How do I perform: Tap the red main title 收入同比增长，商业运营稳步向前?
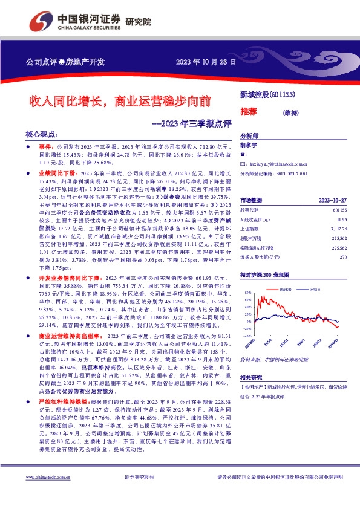pyautogui.click(x=120, y=100)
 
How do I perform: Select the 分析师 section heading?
pyautogui.click(x=249, y=136)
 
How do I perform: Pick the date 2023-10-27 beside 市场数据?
pyautogui.click(x=332, y=200)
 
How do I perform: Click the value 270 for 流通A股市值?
pyautogui.click(x=342, y=258)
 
